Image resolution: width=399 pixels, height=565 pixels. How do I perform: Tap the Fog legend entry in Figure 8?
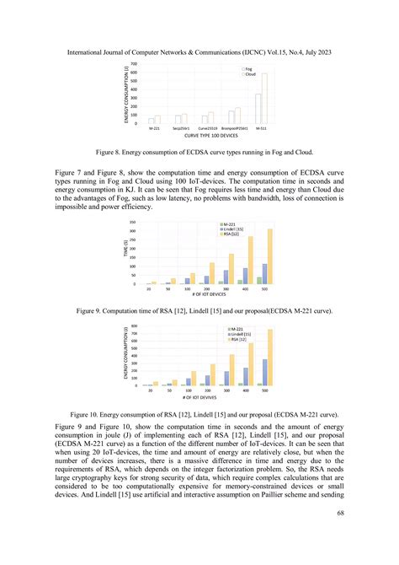click(249, 68)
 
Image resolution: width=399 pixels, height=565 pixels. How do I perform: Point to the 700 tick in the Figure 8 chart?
click(135, 64)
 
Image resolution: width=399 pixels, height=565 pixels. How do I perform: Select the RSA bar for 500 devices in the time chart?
click(270, 256)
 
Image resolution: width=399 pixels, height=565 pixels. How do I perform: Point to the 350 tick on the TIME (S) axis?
click(132, 222)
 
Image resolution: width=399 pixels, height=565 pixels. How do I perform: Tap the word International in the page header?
click(88, 52)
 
